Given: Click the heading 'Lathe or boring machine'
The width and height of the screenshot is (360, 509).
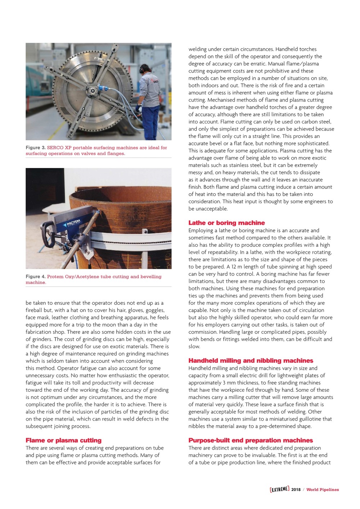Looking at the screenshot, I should tap(226, 223).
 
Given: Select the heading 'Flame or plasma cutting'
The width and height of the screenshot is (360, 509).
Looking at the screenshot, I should tap(63, 440).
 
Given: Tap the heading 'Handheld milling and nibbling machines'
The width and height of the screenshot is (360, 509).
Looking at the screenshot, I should tap(251, 361).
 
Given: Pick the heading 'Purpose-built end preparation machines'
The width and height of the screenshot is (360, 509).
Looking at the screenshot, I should tap(251, 440).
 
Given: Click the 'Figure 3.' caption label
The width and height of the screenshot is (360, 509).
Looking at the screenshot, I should tap(36, 148).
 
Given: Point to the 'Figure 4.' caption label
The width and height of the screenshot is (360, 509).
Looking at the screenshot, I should tap(36, 277).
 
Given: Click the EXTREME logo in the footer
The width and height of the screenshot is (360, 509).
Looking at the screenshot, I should tap(279, 489).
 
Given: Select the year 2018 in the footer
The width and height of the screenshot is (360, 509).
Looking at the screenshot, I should tap(296, 490).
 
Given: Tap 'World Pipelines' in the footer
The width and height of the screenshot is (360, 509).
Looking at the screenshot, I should tap(323, 490).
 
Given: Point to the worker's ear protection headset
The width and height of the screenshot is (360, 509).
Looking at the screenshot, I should tap(142, 69).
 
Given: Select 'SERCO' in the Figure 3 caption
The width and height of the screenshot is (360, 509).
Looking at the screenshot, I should tap(55, 148).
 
